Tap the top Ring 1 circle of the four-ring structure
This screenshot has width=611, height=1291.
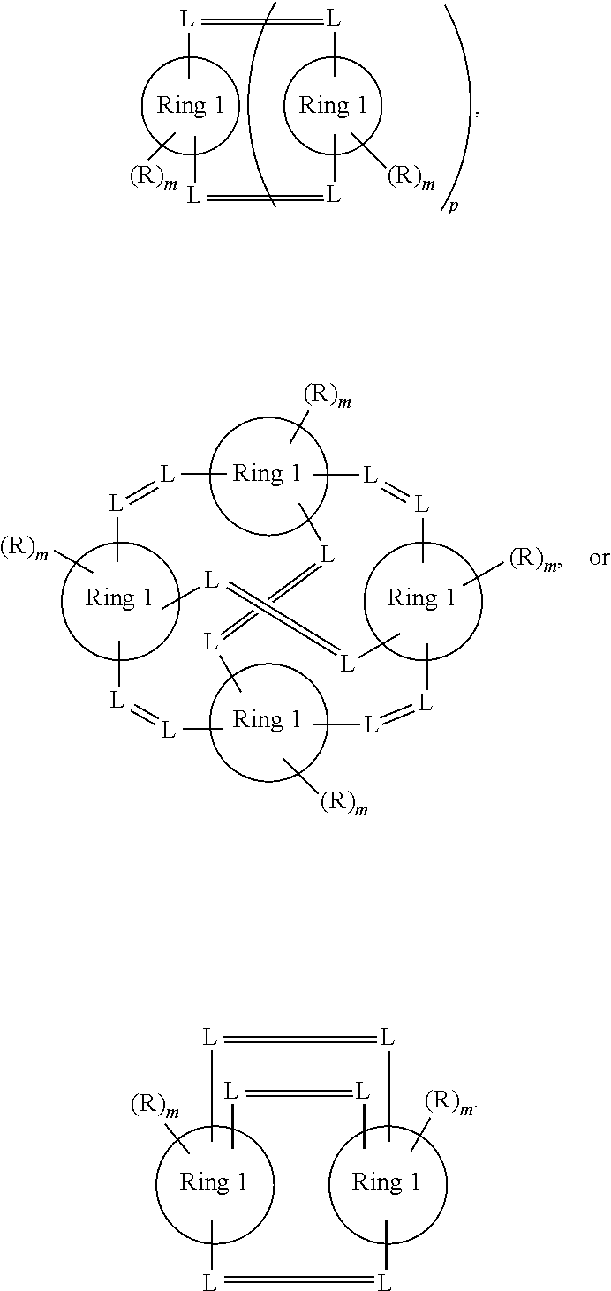[268, 475]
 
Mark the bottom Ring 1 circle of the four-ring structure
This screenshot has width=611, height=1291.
[268, 722]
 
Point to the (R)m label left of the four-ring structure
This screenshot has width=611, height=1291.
[23, 547]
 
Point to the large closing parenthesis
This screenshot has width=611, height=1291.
[460, 106]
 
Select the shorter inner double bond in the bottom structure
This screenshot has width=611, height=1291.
[297, 1092]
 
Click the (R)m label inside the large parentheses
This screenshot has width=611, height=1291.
[412, 176]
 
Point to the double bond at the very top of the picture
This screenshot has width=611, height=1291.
[262, 18]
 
